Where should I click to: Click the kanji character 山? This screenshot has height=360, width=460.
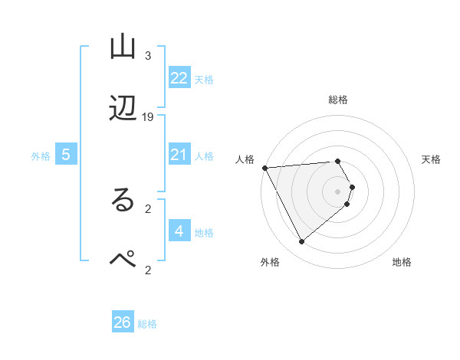click(x=123, y=48)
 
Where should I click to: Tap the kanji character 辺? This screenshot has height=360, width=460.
click(x=123, y=110)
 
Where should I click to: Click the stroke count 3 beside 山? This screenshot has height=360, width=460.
click(x=148, y=56)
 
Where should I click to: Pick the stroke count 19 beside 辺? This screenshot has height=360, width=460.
click(x=148, y=117)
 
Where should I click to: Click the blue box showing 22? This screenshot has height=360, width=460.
click(x=179, y=78)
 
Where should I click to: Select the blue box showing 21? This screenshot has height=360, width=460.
click(x=179, y=155)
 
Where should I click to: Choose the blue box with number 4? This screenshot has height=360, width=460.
click(x=179, y=231)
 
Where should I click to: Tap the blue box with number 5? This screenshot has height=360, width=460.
click(x=66, y=155)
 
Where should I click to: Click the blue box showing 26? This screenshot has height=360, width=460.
click(x=123, y=322)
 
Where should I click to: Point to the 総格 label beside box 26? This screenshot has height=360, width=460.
click(x=147, y=324)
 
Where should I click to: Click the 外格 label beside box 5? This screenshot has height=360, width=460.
click(x=41, y=156)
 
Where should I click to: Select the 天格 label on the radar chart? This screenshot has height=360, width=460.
click(x=432, y=159)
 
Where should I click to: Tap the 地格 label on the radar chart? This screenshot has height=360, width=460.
click(x=402, y=262)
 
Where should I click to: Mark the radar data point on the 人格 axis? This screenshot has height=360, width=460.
click(x=264, y=168)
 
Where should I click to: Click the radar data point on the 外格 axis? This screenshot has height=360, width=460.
click(x=301, y=242)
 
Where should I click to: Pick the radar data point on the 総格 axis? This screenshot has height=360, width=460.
click(x=338, y=161)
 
